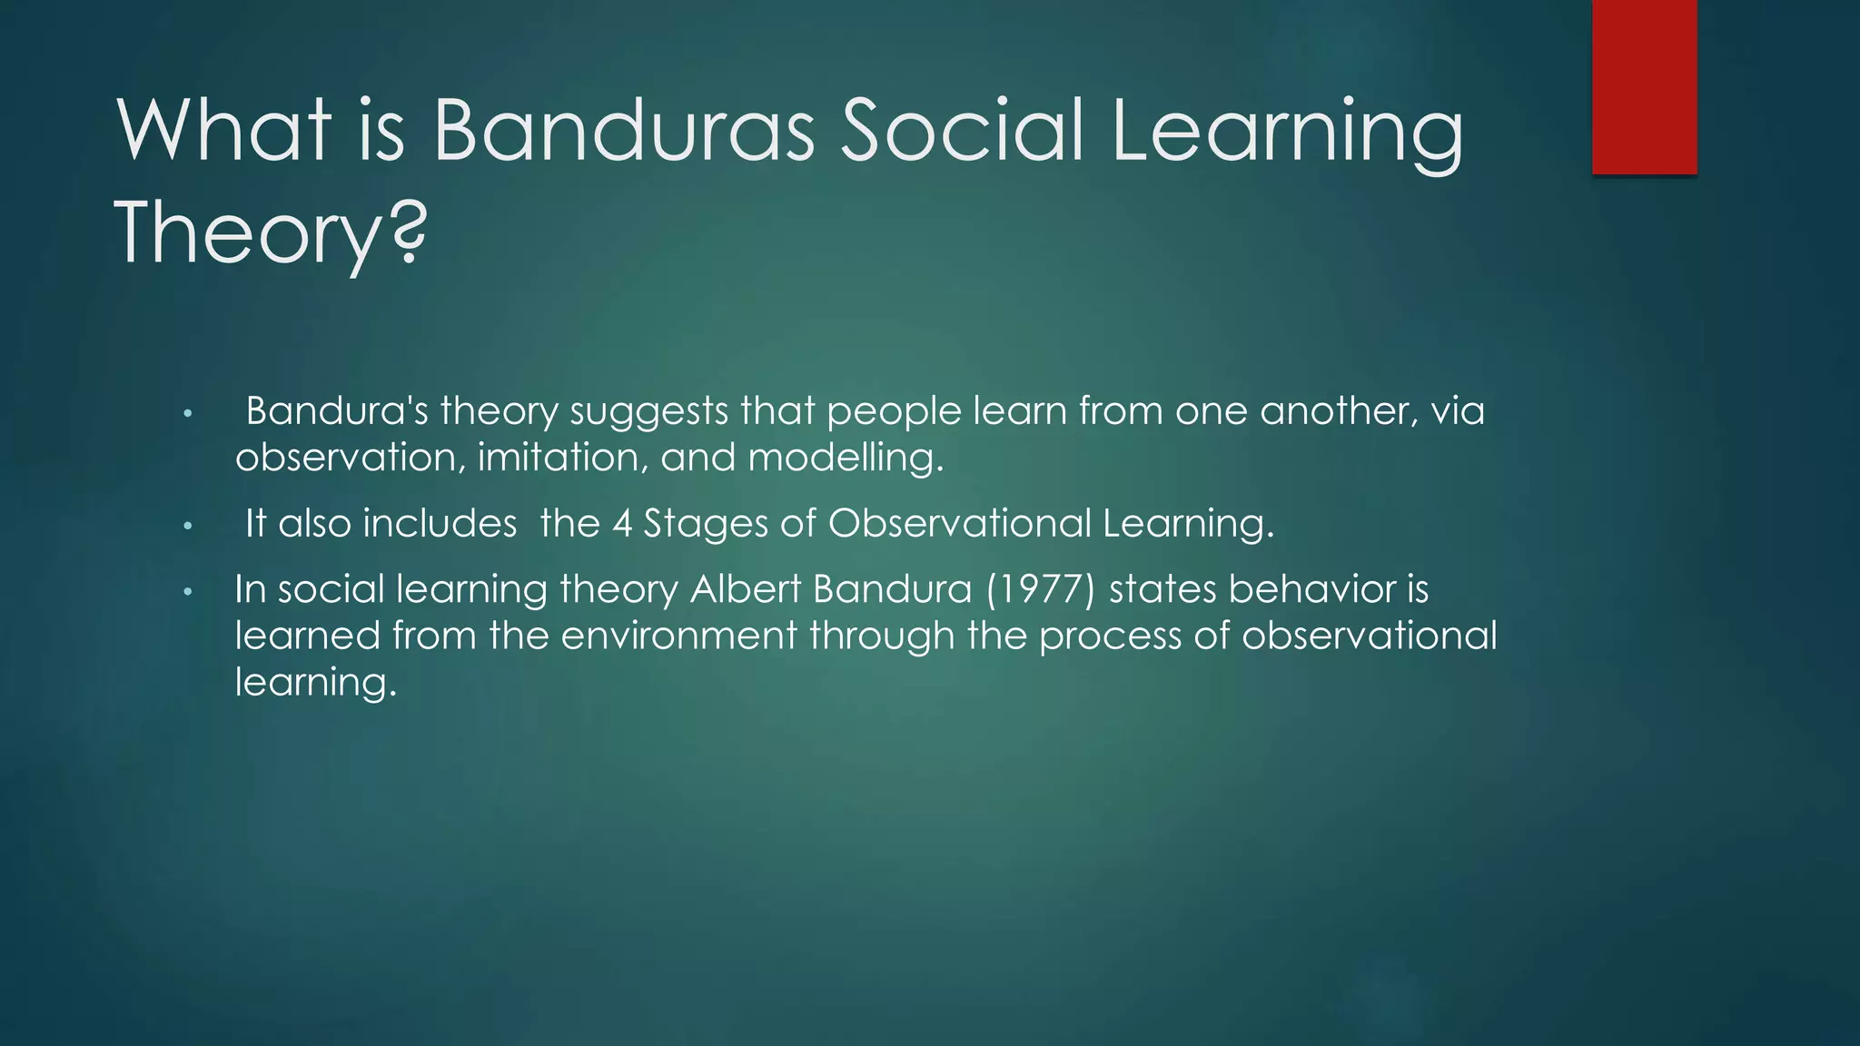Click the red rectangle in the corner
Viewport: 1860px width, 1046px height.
click(1644, 86)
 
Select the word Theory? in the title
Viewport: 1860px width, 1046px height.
click(270, 233)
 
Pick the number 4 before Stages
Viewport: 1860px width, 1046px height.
click(622, 524)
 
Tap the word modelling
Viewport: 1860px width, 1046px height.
click(846, 457)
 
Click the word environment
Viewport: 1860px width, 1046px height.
click(678, 636)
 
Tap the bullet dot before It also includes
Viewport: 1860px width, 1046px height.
click(187, 527)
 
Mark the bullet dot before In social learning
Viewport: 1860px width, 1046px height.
click(187, 592)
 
